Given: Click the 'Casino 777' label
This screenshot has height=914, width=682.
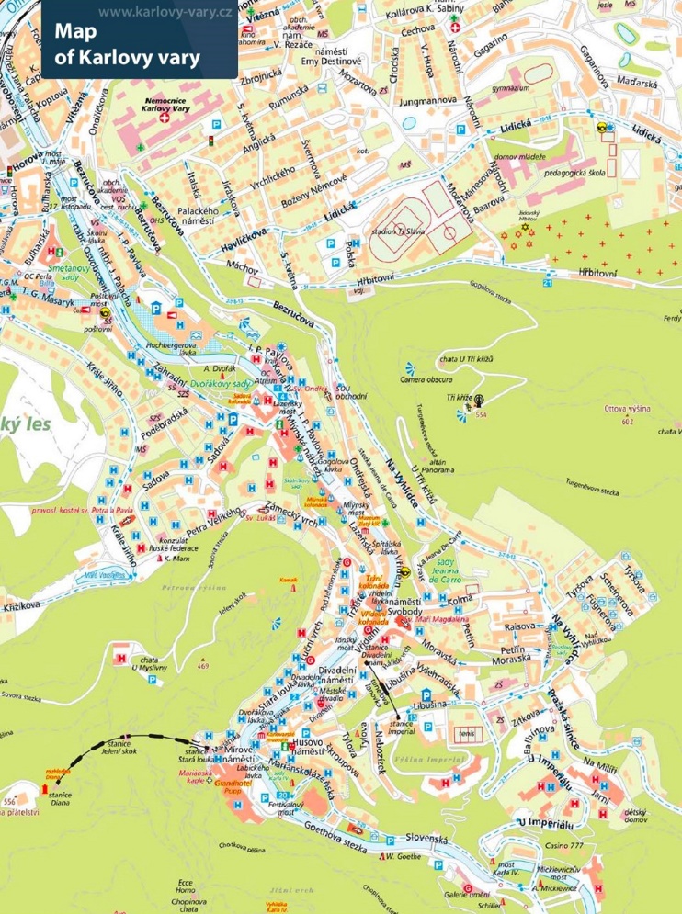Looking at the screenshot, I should [564, 845].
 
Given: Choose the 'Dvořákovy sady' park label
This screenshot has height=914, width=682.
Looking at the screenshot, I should [226, 382].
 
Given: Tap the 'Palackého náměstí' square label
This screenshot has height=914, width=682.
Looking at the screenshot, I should [196, 217].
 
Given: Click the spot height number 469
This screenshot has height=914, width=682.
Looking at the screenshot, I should [203, 666].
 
